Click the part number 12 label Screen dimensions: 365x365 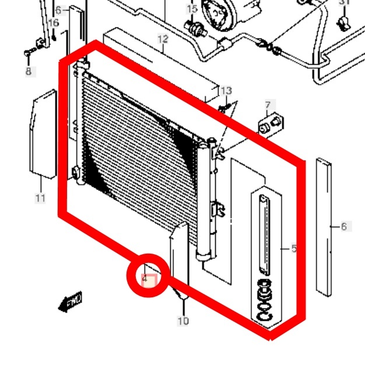tap(162, 39)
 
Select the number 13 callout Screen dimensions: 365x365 tap(226, 90)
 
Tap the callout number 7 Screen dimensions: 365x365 tap(268, 106)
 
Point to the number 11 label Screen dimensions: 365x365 tap(40, 198)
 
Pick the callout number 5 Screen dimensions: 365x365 tap(294, 249)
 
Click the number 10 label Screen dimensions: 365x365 tap(183, 321)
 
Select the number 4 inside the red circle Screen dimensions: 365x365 tap(145, 279)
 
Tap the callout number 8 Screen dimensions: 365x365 tap(28, 71)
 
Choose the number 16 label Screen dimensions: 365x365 tap(54, 23)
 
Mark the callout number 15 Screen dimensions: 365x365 tap(192, 9)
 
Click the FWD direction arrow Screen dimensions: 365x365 tap(71, 302)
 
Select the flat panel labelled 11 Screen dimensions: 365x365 tap(43, 134)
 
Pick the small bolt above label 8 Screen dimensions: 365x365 tap(27, 54)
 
